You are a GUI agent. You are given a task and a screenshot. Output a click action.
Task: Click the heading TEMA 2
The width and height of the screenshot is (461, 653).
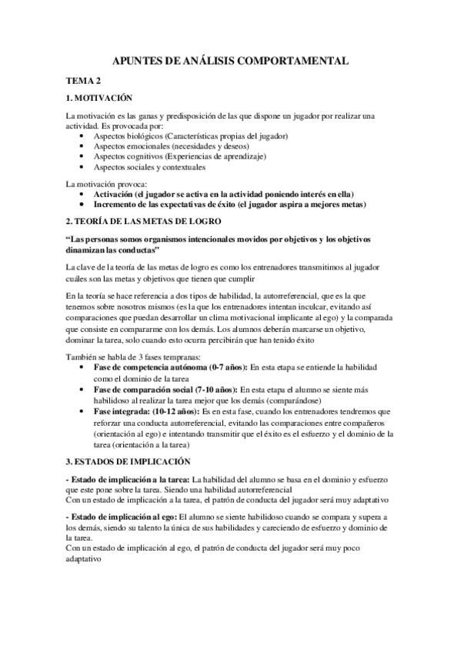[83, 80]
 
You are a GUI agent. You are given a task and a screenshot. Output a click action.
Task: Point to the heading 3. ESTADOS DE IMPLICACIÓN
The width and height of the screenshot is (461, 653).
[127, 462]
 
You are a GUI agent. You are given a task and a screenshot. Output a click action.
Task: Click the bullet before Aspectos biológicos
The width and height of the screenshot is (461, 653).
[82, 136]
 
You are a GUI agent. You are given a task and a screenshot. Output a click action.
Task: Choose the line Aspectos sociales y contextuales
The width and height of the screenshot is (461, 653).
[150, 167]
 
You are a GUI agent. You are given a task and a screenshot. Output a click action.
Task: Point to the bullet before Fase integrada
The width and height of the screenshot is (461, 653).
[82, 412]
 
